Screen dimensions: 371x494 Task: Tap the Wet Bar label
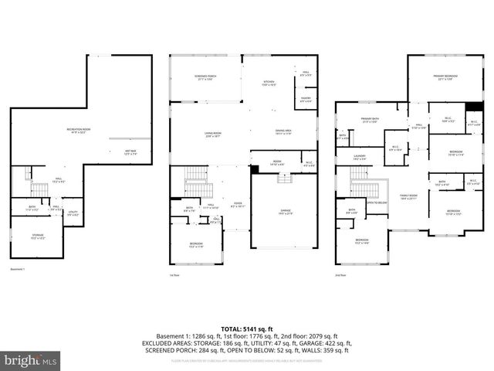click(x=130, y=152)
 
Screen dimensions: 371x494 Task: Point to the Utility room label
click(x=73, y=213)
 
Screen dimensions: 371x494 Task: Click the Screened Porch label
click(x=204, y=79)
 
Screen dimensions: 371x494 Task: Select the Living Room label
click(x=214, y=136)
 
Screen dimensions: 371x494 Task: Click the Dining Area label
click(x=283, y=132)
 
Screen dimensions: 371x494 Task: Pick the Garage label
click(x=286, y=212)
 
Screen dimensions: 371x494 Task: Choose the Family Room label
click(x=408, y=197)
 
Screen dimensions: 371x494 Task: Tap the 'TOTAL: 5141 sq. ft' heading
click(x=247, y=329)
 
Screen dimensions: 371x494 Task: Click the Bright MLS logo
click(x=32, y=359)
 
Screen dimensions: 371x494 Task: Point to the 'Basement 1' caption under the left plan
click(x=18, y=269)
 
